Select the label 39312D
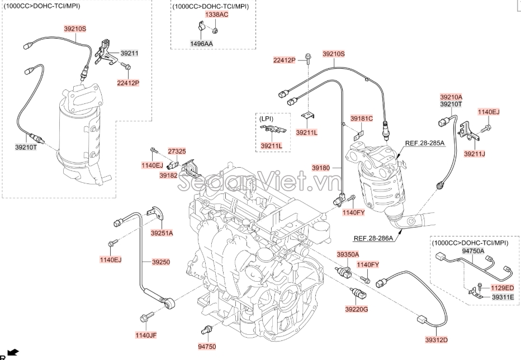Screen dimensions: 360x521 pyautogui.click(x=437, y=339)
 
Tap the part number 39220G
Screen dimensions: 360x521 pyautogui.click(x=356, y=309)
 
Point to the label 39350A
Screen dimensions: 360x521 pyautogui.click(x=348, y=254)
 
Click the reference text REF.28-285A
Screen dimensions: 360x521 pyautogui.click(x=425, y=144)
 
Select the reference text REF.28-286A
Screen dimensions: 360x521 pyautogui.click(x=373, y=238)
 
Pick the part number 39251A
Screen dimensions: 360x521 pyautogui.click(x=162, y=233)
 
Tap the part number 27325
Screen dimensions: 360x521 pyautogui.click(x=178, y=151)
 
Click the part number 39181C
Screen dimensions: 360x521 pyautogui.click(x=362, y=119)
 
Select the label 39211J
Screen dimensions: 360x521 pyautogui.click(x=475, y=153)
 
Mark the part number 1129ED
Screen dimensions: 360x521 pyautogui.click(x=502, y=287)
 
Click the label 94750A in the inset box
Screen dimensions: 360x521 pyautogui.click(x=473, y=252)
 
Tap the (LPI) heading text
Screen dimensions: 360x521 pyautogui.click(x=265, y=119)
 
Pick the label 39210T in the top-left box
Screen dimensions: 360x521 pyautogui.click(x=26, y=147)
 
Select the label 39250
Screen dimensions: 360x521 pyautogui.click(x=161, y=262)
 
